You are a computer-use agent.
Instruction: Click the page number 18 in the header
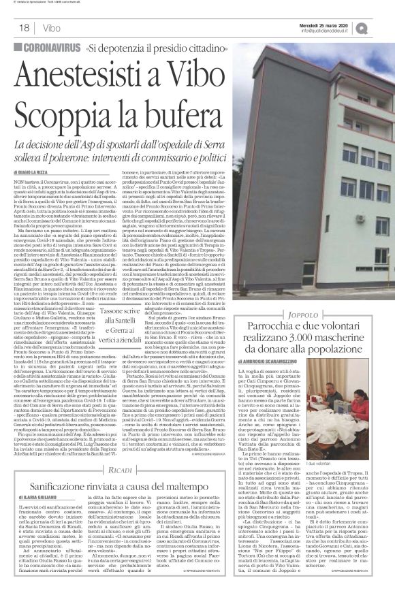24,28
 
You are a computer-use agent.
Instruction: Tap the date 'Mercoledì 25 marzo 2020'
331,25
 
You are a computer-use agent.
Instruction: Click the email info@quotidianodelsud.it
332,31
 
